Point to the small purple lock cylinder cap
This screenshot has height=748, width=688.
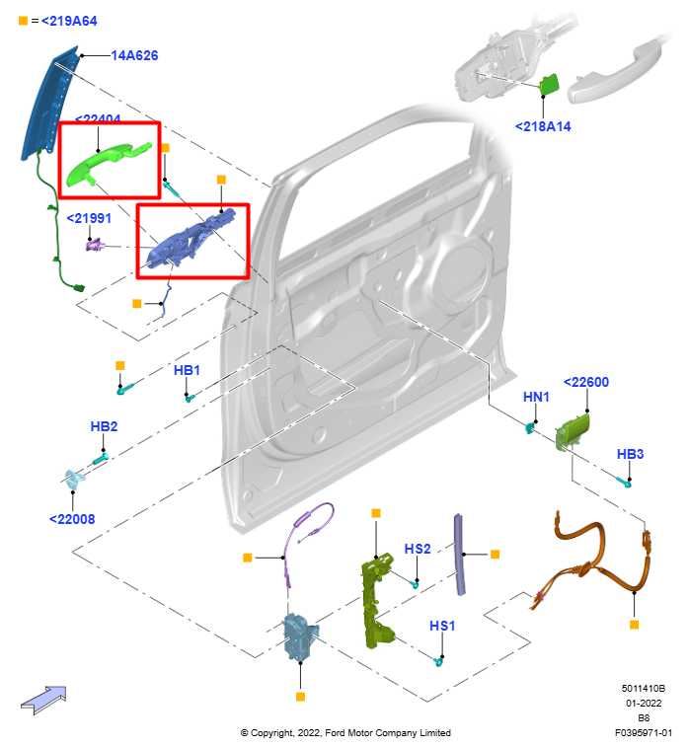pyautogui.click(x=97, y=243)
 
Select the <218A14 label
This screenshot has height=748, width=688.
pyautogui.click(x=543, y=126)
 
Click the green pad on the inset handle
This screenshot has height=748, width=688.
pyautogui.click(x=550, y=85)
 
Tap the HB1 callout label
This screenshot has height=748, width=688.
pyautogui.click(x=187, y=370)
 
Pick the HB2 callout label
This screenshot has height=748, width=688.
pyautogui.click(x=104, y=426)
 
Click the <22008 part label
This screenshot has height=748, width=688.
pyautogui.click(x=72, y=518)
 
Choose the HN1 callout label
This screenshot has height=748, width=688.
pyautogui.click(x=536, y=397)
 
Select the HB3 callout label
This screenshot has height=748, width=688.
pyautogui.click(x=630, y=454)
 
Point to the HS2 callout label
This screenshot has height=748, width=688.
pyautogui.click(x=418, y=549)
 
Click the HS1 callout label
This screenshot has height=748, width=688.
pyautogui.click(x=442, y=626)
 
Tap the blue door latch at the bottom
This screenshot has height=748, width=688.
pyautogui.click(x=298, y=636)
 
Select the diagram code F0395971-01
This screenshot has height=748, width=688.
pyautogui.click(x=643, y=733)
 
